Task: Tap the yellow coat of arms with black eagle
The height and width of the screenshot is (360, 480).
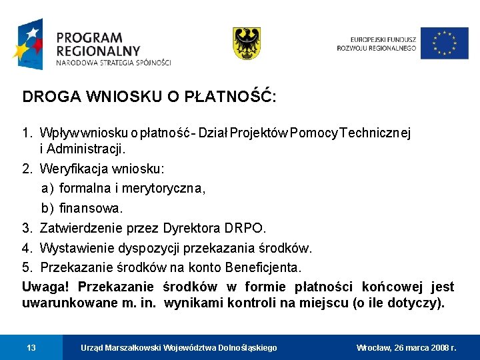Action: pyautogui.click(x=246, y=43)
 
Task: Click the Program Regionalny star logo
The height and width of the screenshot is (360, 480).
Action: pyautogui.click(x=27, y=45)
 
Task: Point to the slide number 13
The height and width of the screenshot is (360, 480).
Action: pyautogui.click(x=31, y=347)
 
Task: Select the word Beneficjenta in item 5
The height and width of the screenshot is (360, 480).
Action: pyautogui.click(x=263, y=267)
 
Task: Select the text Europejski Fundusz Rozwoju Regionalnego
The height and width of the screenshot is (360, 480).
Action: pyautogui.click(x=377, y=43)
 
